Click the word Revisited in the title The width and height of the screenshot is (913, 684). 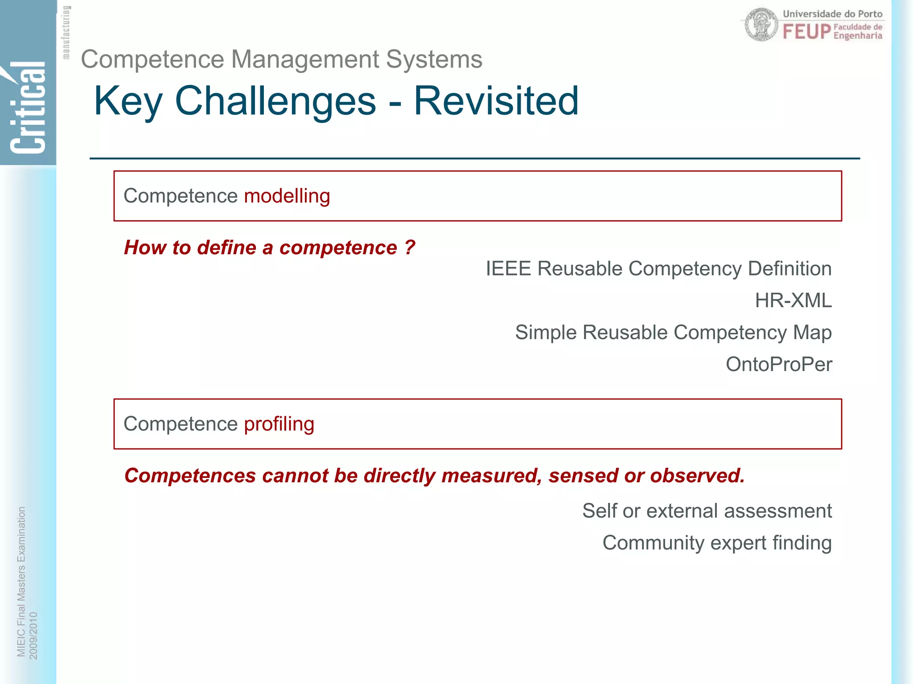click(x=496, y=101)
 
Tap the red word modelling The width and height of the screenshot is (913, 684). click(x=287, y=196)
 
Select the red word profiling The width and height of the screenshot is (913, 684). click(x=279, y=424)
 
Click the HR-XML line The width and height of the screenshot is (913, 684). click(x=793, y=301)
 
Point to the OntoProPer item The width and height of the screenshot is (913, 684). click(x=778, y=364)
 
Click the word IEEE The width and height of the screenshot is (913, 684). click(x=508, y=269)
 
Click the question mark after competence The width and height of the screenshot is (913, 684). click(x=410, y=248)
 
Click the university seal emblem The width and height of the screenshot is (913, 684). click(x=761, y=24)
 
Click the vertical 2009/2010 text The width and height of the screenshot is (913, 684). click(x=33, y=635)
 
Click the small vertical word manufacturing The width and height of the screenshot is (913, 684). click(x=66, y=32)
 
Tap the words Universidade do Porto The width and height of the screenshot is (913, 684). click(x=832, y=14)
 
